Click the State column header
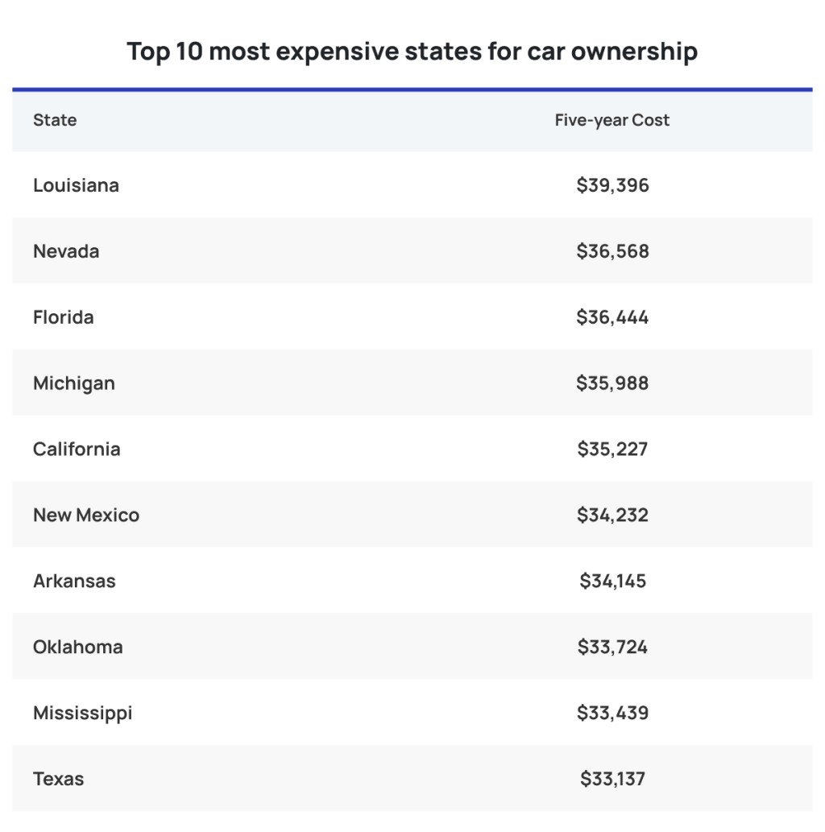(55, 120)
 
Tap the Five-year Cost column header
(612, 120)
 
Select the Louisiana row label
(76, 185)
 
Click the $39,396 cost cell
(612, 185)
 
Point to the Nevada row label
(66, 251)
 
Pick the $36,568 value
(612, 251)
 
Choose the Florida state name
(63, 317)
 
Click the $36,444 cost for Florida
(612, 317)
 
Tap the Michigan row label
(74, 383)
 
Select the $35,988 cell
(612, 383)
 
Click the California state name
(77, 449)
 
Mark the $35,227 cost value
(612, 449)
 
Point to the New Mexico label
(86, 515)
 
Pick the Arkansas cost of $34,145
(612, 582)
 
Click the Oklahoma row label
(78, 648)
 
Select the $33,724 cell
(612, 648)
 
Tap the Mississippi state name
(82, 714)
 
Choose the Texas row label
(58, 780)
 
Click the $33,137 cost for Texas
(612, 780)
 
